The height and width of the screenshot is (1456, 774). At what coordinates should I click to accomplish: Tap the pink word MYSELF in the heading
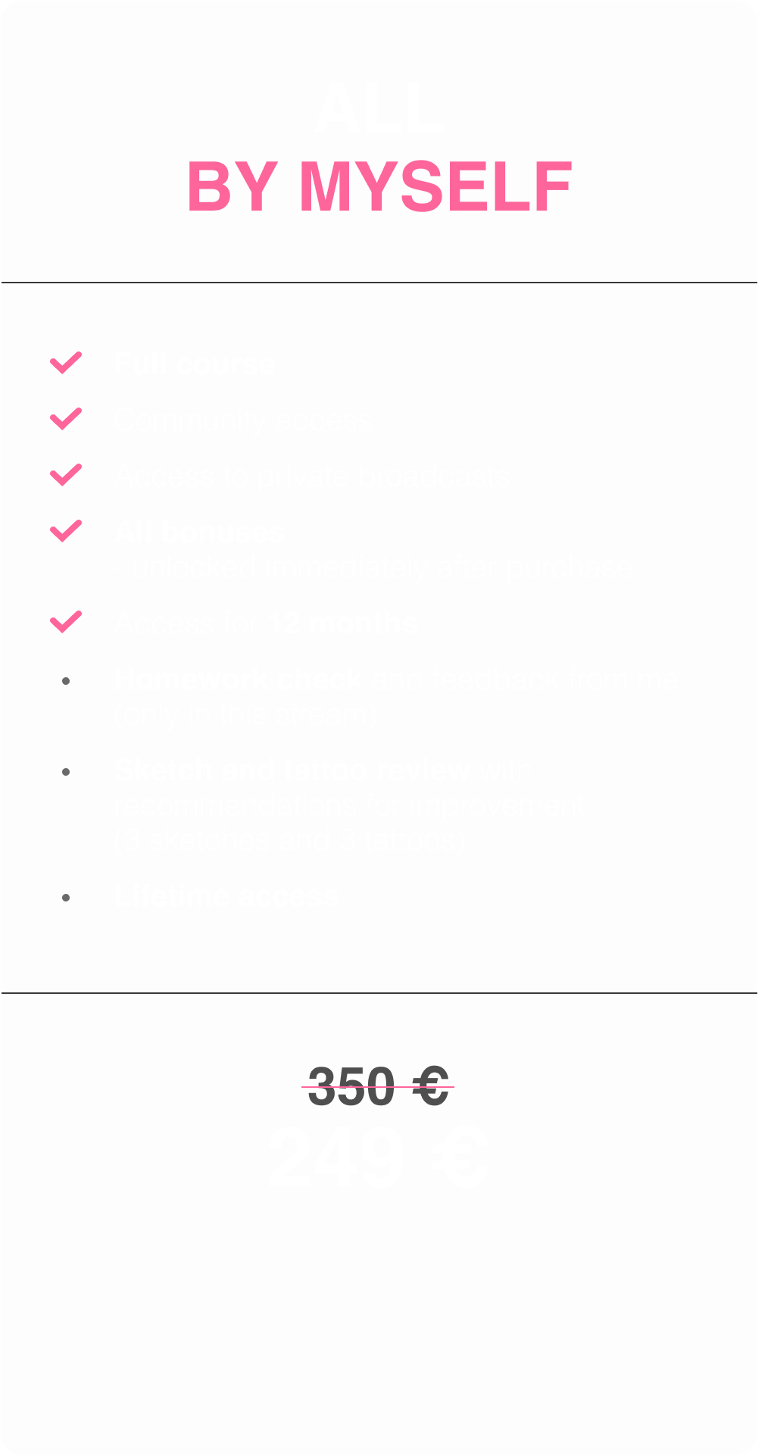coord(435,186)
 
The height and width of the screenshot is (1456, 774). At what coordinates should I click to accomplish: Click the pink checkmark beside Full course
coord(66,363)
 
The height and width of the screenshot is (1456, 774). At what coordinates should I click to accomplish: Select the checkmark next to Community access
coord(66,419)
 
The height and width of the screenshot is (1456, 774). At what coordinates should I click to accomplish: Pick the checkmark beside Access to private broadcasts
coord(66,475)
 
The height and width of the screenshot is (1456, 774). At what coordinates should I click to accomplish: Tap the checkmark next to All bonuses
coord(66,531)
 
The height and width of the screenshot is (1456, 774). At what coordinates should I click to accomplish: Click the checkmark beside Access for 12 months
coord(66,622)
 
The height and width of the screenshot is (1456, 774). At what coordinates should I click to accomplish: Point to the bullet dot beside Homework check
coord(67,681)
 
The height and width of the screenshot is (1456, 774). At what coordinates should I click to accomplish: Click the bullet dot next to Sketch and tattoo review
coord(67,772)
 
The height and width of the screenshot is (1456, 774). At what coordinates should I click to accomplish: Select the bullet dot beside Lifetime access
coord(67,898)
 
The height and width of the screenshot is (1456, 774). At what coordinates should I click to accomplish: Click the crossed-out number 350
coord(351,1086)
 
